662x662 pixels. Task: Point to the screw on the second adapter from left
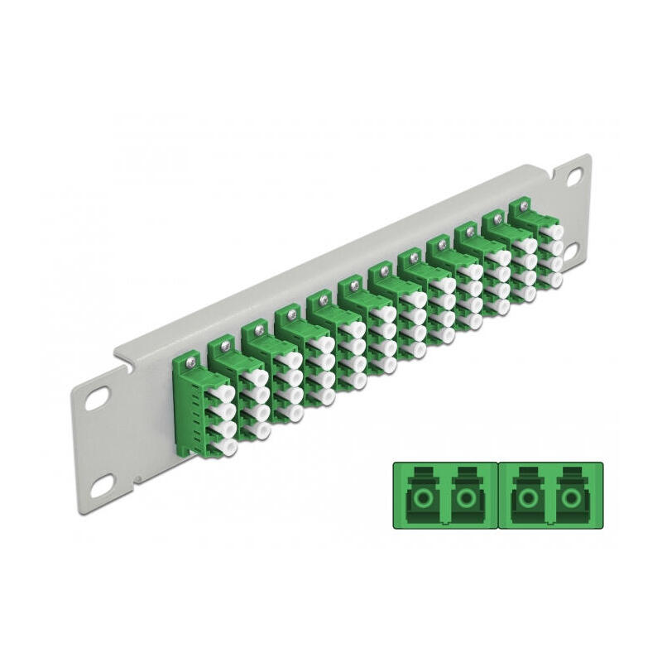coord(222,343)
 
